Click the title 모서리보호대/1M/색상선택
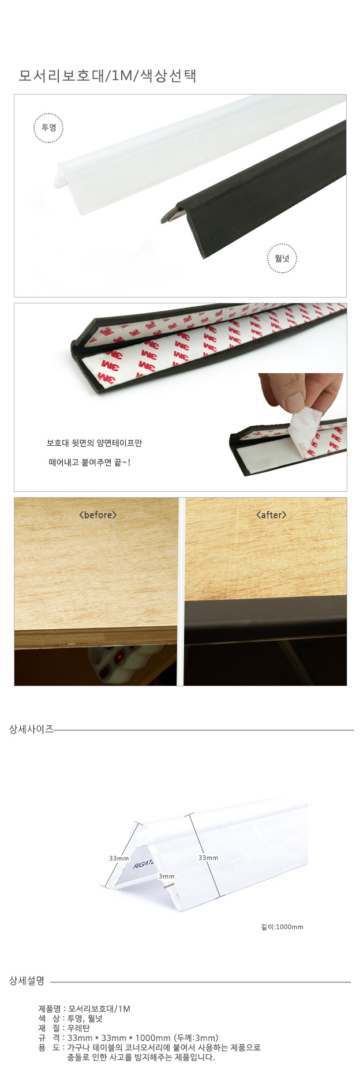(x=107, y=76)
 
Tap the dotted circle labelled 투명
(x=48, y=128)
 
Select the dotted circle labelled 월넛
(x=282, y=258)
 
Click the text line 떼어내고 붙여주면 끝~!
(x=89, y=462)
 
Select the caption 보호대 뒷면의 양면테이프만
(x=94, y=443)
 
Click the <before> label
(x=97, y=514)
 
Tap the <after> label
(x=271, y=514)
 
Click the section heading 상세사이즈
(x=31, y=729)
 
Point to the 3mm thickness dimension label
(x=167, y=876)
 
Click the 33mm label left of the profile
(x=119, y=858)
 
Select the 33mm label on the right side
(x=208, y=858)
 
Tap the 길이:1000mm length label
(x=282, y=927)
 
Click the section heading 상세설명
(x=27, y=980)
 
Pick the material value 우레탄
(x=78, y=1028)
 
